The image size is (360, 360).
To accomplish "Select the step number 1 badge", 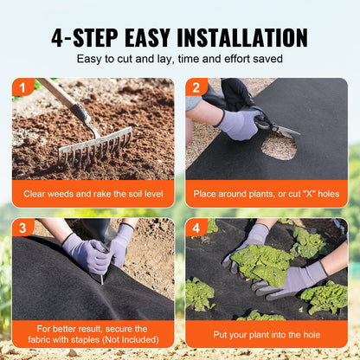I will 21,87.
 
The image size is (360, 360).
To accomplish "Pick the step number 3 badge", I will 21,227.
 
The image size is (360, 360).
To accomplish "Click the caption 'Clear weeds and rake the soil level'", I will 93,194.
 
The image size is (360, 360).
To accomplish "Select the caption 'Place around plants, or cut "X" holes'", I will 267,194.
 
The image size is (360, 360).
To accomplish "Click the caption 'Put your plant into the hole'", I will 267,333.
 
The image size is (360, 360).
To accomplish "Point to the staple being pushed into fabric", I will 100,277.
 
